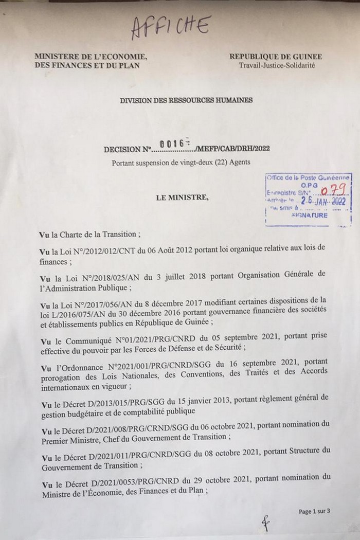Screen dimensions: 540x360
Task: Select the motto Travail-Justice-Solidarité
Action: (x=277, y=65)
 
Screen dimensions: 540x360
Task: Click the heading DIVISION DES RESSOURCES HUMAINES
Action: (x=186, y=100)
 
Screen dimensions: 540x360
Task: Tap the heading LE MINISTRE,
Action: (x=179, y=197)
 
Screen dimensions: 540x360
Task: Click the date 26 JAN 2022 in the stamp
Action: (x=320, y=202)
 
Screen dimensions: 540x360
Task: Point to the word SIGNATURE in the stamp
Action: (x=309, y=216)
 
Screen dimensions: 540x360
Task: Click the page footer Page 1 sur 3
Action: (x=314, y=511)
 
